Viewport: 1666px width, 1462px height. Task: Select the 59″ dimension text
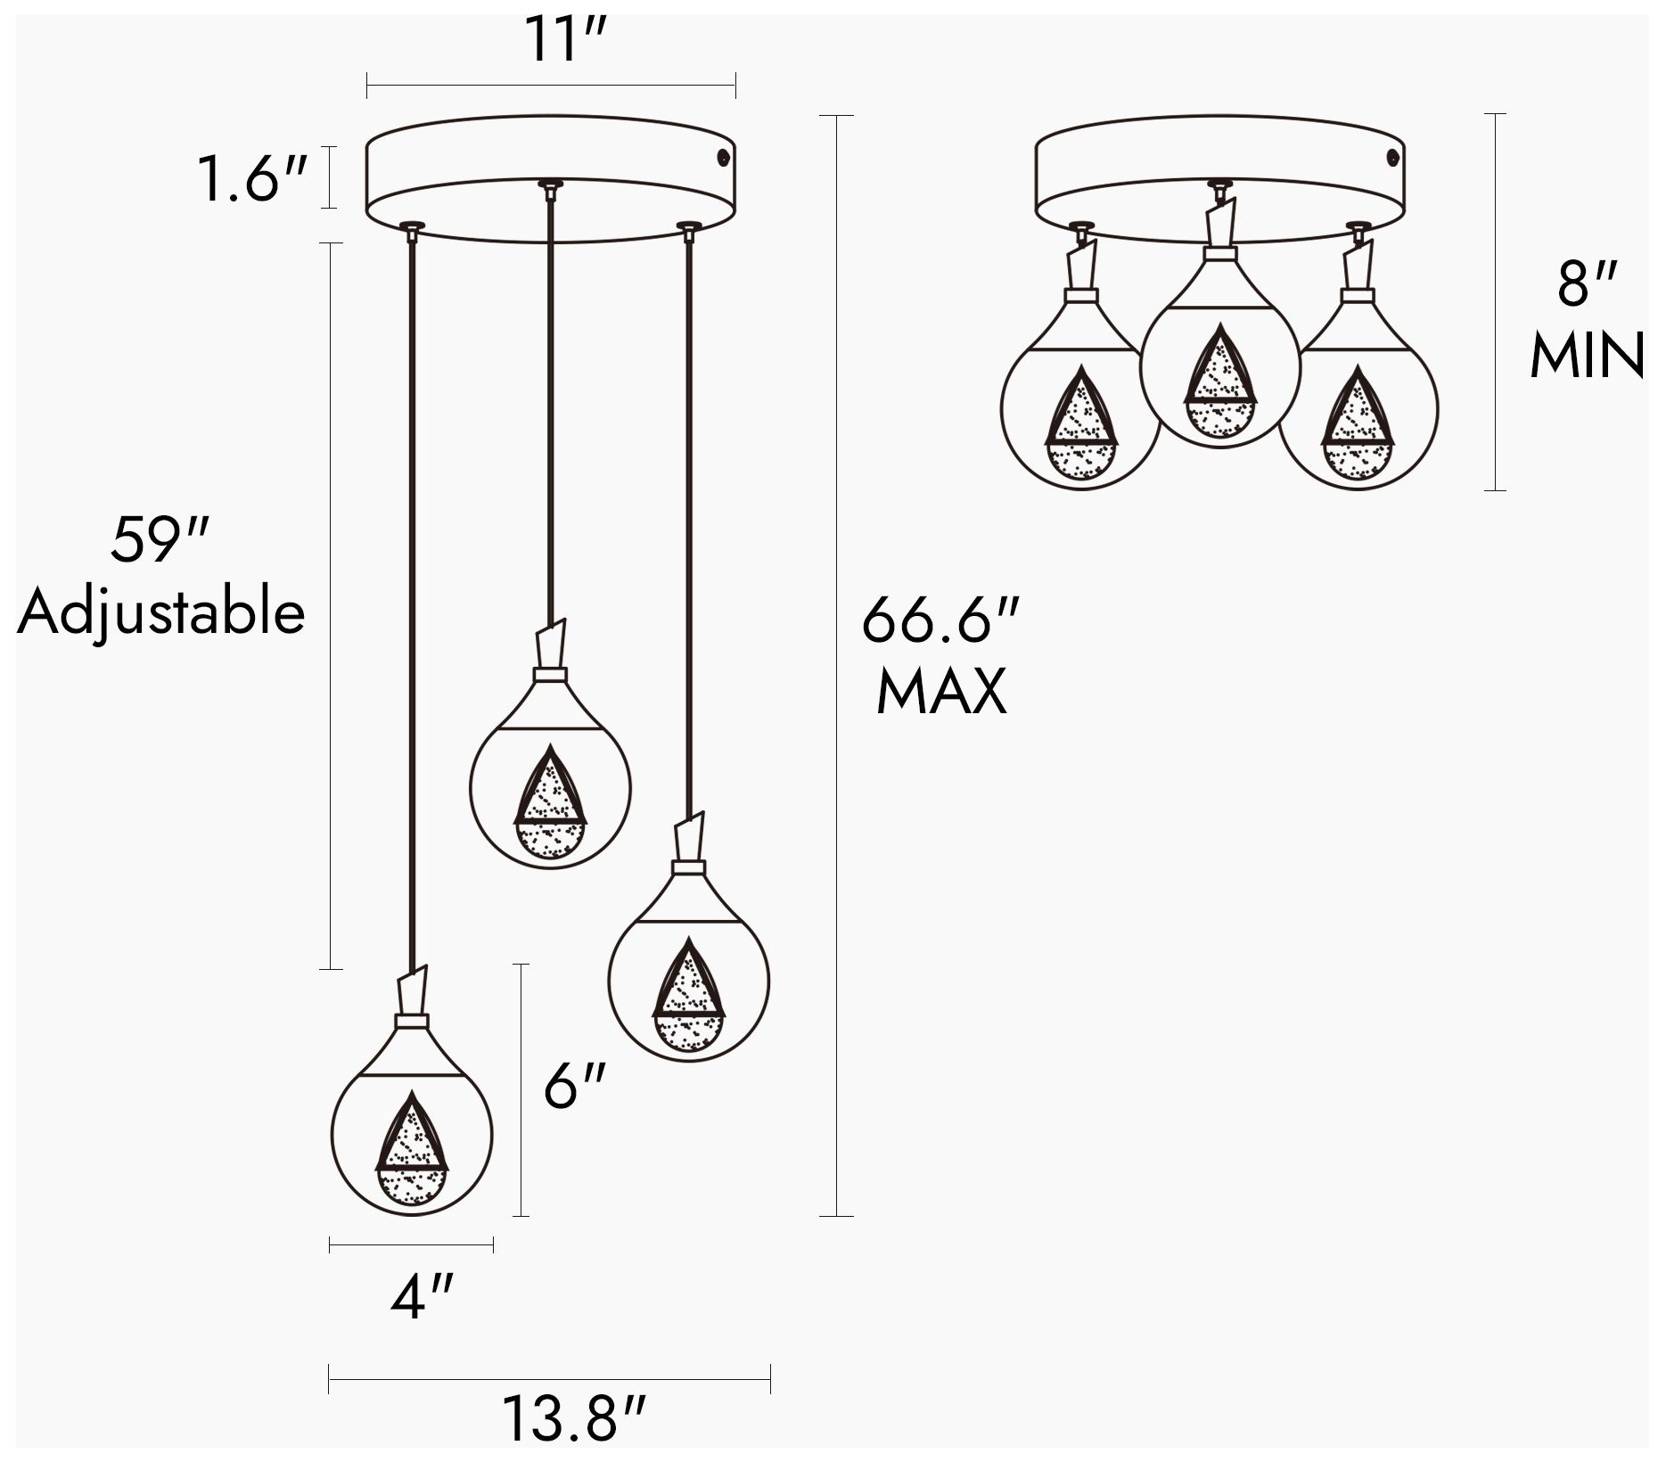pyautogui.click(x=160, y=539)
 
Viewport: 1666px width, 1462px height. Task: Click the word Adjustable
pyautogui.click(x=161, y=613)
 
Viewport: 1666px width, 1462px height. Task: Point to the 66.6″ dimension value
pyautogui.click(x=940, y=620)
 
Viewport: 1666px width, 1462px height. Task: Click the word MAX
pyautogui.click(x=941, y=691)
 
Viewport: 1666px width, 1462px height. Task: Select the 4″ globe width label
pyautogui.click(x=422, y=1296)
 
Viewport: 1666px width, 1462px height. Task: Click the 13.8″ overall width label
pyautogui.click(x=572, y=1417)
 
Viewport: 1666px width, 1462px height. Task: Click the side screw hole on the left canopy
pyautogui.click(x=723, y=158)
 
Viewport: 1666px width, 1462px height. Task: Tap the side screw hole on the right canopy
pyautogui.click(x=1392, y=158)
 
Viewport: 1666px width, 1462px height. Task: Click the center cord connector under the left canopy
pyautogui.click(x=550, y=188)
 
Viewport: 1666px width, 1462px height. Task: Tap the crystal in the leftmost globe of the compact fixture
pyautogui.click(x=1080, y=426)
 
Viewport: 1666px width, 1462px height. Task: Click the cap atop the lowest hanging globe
pyautogui.click(x=412, y=1020)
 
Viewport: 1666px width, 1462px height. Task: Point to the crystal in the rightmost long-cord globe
pyautogui.click(x=689, y=998)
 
